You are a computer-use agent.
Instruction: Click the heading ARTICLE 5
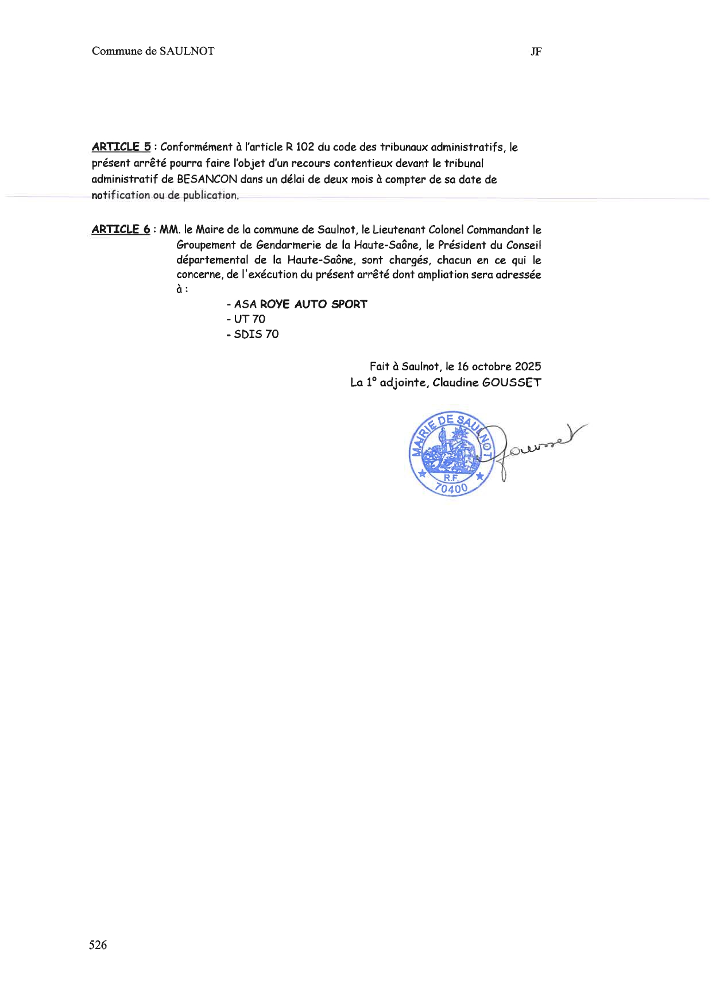coord(121,147)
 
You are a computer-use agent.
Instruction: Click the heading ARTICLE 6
coord(121,230)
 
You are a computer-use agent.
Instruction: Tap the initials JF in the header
coord(536,52)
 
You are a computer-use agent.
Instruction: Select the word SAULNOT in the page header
coord(187,51)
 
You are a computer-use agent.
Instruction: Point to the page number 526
coord(98,945)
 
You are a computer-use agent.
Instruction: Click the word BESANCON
coord(207,179)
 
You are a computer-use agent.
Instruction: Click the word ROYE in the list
coord(274,304)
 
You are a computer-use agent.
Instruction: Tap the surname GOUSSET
coord(511,382)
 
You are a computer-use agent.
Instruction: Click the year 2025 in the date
coord(528,366)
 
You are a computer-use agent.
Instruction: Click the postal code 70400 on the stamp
coord(451,488)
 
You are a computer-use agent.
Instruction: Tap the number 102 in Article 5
coord(305,147)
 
